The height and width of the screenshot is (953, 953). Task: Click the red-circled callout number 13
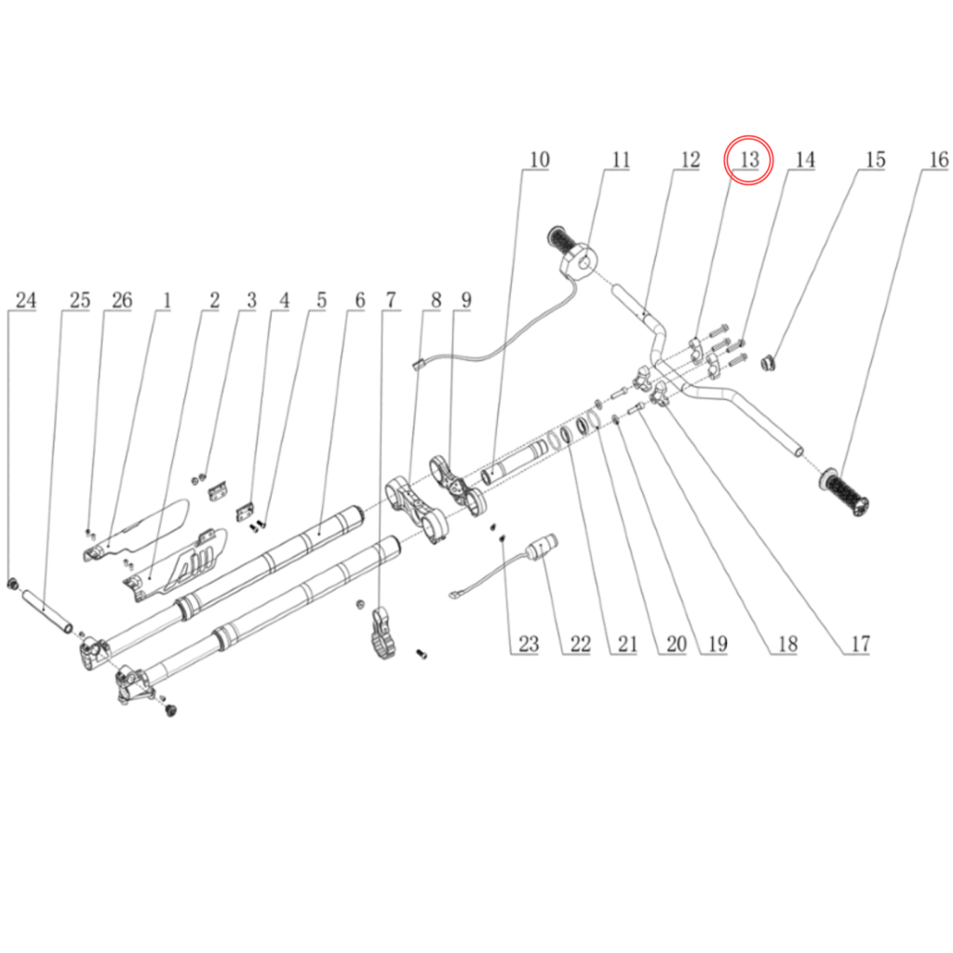click(749, 160)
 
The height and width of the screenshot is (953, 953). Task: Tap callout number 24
click(25, 301)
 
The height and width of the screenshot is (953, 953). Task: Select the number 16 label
click(939, 160)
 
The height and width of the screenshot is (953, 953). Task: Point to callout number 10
click(540, 160)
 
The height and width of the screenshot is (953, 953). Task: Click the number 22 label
click(581, 644)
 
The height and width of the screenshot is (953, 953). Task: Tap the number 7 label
click(391, 301)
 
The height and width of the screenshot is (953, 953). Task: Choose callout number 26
click(122, 301)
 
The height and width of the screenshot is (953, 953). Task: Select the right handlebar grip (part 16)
click(844, 491)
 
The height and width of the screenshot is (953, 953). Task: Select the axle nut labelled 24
click(11, 584)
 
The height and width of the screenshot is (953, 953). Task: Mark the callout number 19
click(718, 644)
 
